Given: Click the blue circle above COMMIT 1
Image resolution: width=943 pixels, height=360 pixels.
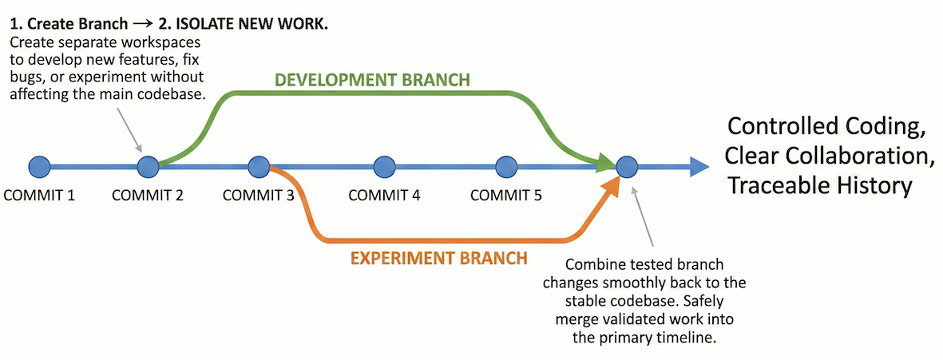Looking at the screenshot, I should coord(39,167).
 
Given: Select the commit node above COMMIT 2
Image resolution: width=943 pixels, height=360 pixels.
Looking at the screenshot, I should coord(148,167).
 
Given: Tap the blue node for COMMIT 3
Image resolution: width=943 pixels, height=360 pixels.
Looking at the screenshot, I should coord(257,167).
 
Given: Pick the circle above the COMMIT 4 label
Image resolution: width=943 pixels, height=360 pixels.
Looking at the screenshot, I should coord(385,167).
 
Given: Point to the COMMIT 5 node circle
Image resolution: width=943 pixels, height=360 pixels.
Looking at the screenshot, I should coord(506,167).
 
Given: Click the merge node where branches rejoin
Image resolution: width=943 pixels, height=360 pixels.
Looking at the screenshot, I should coord(626,167).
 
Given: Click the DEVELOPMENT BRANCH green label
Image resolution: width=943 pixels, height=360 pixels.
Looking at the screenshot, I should coord(372,81).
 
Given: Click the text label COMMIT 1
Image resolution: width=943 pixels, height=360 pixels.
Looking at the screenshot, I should coord(39,195).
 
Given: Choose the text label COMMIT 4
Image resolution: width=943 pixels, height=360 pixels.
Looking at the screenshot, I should coord(385,195).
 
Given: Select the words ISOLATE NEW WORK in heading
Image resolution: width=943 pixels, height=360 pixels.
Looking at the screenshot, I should coord(255,25).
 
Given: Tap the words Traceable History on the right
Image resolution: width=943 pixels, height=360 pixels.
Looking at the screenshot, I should coord(819,186).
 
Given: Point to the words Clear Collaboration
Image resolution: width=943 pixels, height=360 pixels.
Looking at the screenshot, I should coord(828,156).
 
